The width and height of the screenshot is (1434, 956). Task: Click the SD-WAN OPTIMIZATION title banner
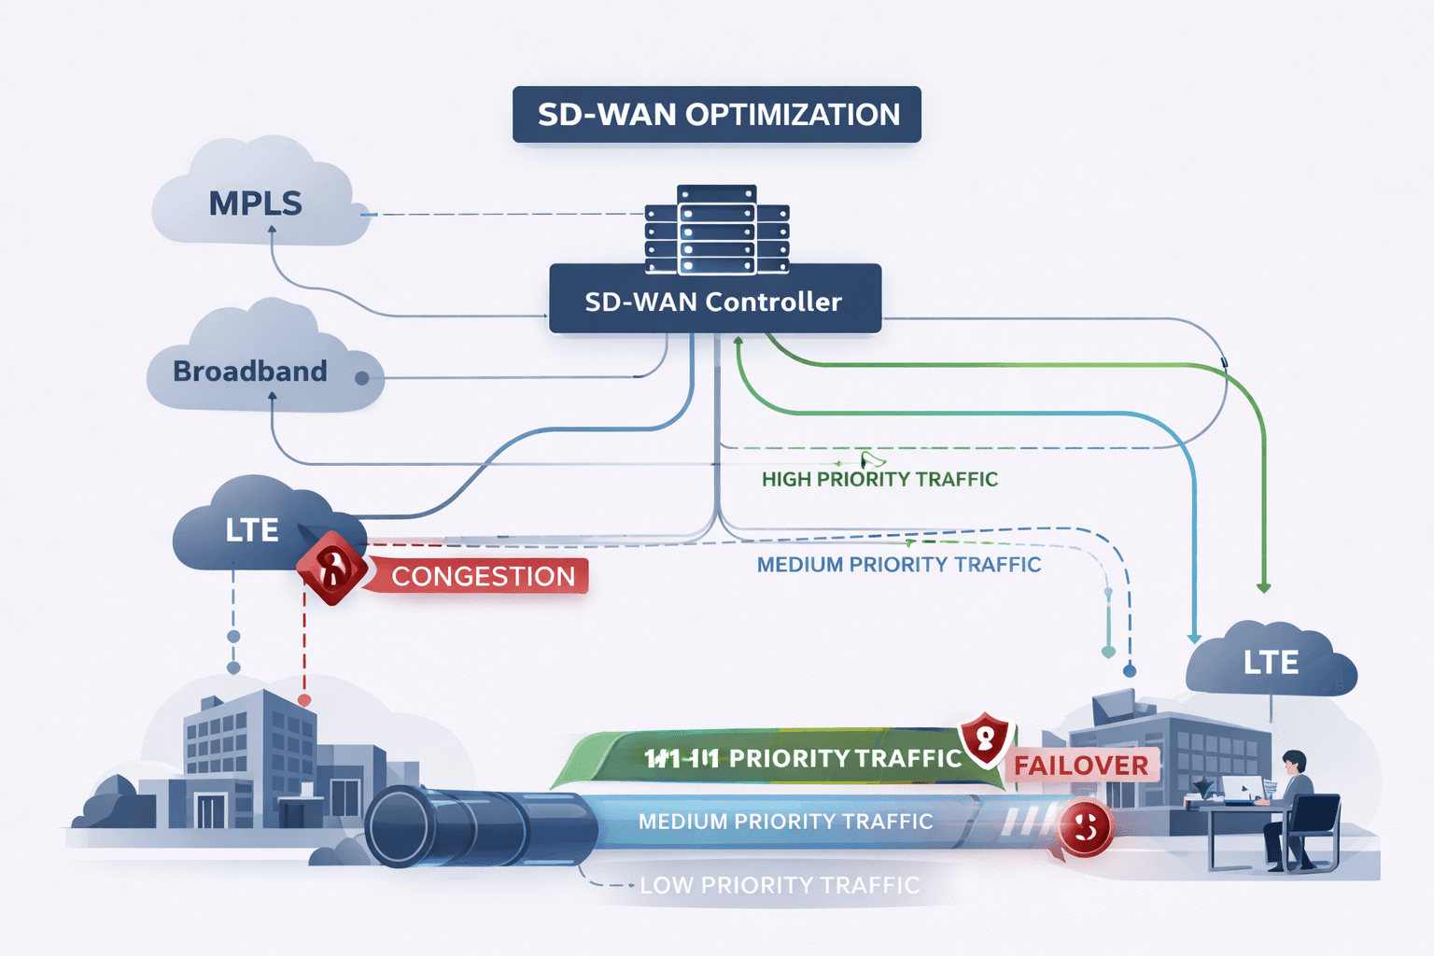[717, 115]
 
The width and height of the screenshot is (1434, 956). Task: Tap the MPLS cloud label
[255, 204]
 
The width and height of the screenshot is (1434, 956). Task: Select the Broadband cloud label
[250, 372]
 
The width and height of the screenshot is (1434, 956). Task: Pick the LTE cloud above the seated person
[1271, 663]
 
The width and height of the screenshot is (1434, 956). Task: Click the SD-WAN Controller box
[715, 301]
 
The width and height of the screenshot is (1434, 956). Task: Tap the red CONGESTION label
[482, 576]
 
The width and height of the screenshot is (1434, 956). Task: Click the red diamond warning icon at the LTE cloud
[331, 568]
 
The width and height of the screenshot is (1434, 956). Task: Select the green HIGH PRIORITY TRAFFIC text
[879, 480]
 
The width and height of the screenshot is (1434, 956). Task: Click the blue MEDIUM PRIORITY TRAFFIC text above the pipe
[898, 565]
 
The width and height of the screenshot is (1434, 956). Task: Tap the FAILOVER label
[1081, 766]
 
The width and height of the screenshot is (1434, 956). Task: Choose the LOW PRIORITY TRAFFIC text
[780, 885]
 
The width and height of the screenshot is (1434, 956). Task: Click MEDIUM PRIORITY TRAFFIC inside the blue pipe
[785, 822]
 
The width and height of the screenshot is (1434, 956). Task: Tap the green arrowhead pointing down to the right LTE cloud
[1263, 587]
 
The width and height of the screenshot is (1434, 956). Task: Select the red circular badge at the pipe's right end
[1085, 827]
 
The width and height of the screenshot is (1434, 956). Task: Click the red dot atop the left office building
[304, 699]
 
